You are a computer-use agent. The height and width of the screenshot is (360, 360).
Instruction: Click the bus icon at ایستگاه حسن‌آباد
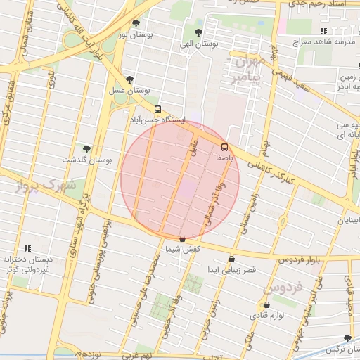[x=157, y=110]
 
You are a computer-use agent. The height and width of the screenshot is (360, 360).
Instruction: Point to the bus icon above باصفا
[x=225, y=147]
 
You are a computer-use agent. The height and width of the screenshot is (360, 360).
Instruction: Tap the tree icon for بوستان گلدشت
[x=86, y=149]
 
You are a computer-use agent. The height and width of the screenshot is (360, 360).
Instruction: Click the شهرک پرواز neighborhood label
[x=39, y=187]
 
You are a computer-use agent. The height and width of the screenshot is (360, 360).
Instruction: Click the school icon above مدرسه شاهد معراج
[x=323, y=31]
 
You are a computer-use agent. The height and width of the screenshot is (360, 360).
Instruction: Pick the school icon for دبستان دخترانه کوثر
[x=28, y=248]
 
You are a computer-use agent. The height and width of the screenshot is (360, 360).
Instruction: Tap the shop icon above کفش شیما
[x=183, y=238]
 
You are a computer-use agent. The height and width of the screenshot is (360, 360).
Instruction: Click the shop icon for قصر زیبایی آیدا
[x=231, y=259]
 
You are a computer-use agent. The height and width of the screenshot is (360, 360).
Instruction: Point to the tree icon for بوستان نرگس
[x=347, y=338]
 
